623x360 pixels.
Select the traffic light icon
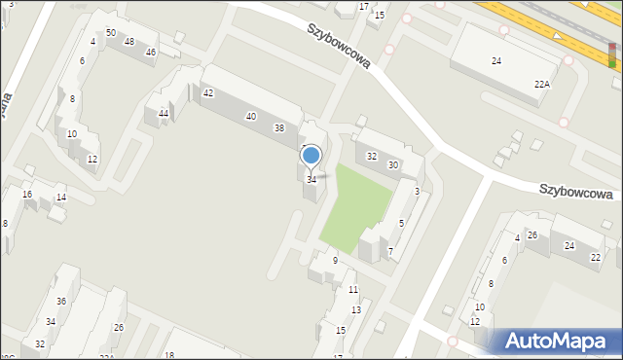611,54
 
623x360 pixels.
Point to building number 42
208,93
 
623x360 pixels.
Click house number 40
251,117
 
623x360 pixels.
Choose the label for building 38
279,128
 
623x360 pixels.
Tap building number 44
164,114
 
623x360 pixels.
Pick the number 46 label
150,52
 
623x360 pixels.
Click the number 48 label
128,41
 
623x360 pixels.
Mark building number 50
111,33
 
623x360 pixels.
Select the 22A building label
541,85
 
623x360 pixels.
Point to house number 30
393,165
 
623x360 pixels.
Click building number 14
60,198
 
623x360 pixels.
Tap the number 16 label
27,195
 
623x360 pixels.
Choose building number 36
60,302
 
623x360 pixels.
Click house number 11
352,290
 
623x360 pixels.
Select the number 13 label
356,310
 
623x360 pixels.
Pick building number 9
335,260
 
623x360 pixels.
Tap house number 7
390,253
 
